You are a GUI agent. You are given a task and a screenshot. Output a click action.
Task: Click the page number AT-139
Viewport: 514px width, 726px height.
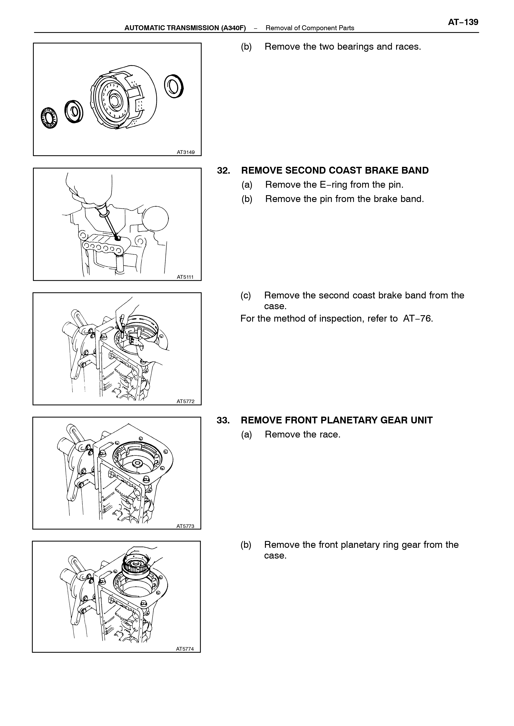463,22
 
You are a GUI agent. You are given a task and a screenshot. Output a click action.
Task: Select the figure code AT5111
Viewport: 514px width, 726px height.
185,277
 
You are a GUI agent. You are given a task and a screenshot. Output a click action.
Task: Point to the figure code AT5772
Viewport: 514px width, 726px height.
185,401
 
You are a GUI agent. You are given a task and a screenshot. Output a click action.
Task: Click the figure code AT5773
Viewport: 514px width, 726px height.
185,526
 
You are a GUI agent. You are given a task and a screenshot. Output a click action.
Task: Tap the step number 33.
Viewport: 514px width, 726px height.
223,420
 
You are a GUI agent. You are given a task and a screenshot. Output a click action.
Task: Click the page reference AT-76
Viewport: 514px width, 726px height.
418,319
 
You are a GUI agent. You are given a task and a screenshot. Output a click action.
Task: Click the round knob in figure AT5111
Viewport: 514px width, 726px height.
155,219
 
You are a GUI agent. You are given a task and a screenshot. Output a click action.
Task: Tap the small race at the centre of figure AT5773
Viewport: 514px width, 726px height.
137,464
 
